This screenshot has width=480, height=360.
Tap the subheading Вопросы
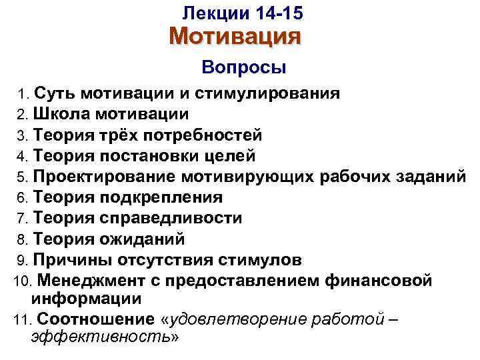tap(243, 67)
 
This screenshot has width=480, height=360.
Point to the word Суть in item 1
tap(49, 93)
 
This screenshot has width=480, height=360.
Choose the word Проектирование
tap(104, 177)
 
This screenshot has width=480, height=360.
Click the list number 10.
tap(20, 281)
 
